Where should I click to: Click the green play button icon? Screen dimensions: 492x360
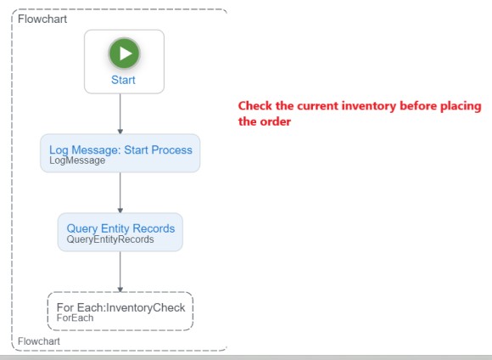[124, 53]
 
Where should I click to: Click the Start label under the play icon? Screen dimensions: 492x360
[123, 80]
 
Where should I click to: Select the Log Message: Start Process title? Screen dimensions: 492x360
[120, 149]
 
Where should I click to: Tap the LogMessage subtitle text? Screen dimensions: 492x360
[77, 160]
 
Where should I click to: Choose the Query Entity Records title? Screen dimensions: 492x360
[120, 228]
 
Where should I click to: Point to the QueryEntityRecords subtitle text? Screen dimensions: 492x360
[110, 239]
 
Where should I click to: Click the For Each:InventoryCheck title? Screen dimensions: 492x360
[120, 307]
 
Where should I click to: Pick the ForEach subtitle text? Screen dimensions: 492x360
[75, 318]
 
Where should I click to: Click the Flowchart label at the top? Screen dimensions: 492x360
[42, 19]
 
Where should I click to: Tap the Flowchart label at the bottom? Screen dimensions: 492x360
[39, 341]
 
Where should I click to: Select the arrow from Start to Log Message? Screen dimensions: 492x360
[120, 114]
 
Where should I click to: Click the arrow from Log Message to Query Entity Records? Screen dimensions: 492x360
[120, 193]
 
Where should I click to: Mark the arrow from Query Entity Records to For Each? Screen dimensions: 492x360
[120, 272]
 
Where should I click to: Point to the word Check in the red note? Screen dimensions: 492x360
[254, 106]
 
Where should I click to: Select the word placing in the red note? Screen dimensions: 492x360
[461, 106]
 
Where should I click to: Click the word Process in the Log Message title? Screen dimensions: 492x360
[172, 149]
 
